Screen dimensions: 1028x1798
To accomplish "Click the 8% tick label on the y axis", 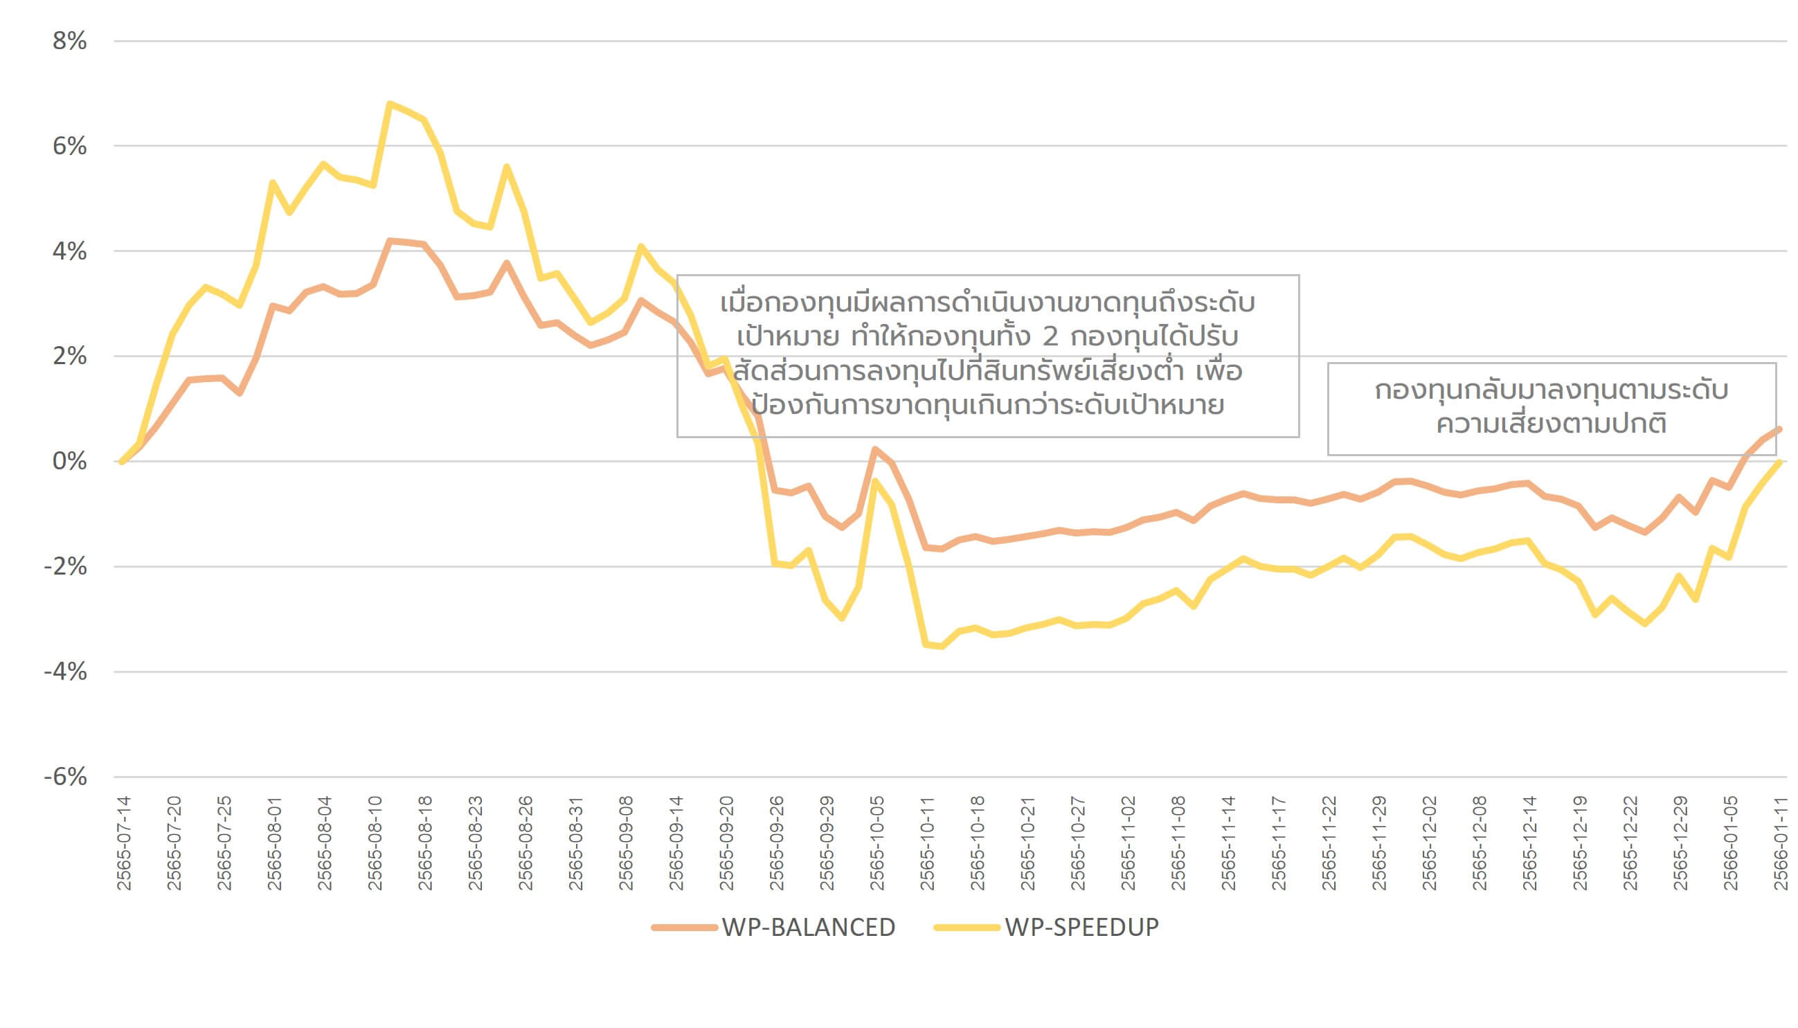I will pyautogui.click(x=69, y=41).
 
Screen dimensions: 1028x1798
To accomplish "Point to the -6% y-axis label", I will pyautogui.click(x=66, y=777).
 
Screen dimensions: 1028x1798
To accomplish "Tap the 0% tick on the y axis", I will pyautogui.click(x=69, y=461).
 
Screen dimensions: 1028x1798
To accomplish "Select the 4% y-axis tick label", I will pyautogui.click(x=69, y=251).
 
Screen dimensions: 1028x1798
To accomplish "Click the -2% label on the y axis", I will pyautogui.click(x=66, y=566).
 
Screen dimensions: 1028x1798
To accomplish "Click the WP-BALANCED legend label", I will pyautogui.click(x=808, y=927).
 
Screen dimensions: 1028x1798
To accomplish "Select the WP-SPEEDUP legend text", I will pyautogui.click(x=1081, y=927).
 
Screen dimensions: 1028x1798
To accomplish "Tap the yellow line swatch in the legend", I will pyautogui.click(x=967, y=927).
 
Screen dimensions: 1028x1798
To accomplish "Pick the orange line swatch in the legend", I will pyautogui.click(x=684, y=927).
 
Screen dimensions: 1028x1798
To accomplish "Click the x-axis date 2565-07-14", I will pyautogui.click(x=124, y=843).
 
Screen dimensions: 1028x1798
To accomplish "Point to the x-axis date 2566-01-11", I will pyautogui.click(x=1781, y=843).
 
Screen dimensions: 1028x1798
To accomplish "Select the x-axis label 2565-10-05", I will pyautogui.click(x=876, y=843).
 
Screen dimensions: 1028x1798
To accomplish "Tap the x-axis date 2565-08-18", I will pyautogui.click(x=425, y=843).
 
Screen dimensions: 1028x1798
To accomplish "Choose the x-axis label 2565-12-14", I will pyautogui.click(x=1529, y=843).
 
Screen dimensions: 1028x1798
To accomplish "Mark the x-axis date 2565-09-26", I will pyautogui.click(x=777, y=843).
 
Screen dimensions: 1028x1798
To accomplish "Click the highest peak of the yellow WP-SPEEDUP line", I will pyautogui.click(x=389, y=104).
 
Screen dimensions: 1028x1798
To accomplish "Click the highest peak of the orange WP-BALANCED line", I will pyautogui.click(x=390, y=241).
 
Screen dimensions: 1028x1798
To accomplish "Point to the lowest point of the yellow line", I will pyautogui.click(x=942, y=646).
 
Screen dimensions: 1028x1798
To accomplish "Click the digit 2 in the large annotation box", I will pyautogui.click(x=1050, y=337).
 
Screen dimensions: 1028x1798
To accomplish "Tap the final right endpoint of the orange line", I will pyautogui.click(x=1779, y=429).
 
